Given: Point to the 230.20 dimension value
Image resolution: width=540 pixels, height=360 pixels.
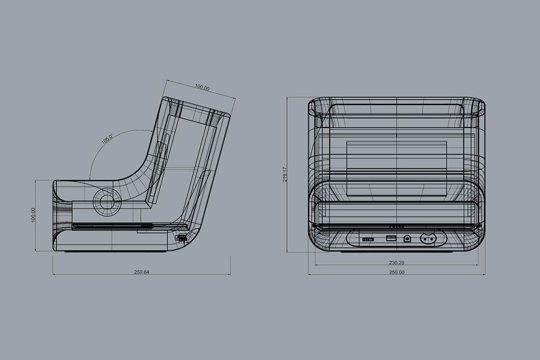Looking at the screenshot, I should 397,263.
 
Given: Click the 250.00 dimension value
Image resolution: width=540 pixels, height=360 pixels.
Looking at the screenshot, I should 397,272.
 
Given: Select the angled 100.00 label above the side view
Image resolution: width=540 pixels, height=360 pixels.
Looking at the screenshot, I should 202,88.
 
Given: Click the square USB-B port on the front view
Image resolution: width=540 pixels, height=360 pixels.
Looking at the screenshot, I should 407,239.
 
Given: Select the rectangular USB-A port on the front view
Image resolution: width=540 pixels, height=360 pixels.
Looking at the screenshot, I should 389,238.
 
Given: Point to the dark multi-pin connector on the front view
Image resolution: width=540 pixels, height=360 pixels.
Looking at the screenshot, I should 369,239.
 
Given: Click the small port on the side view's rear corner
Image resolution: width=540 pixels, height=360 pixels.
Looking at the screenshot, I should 182,238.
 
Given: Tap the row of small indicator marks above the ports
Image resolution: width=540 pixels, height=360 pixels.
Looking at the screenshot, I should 397,226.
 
